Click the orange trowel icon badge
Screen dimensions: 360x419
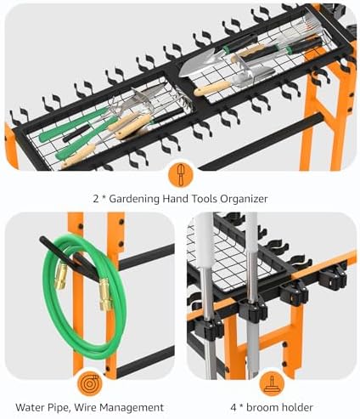[x=180, y=174]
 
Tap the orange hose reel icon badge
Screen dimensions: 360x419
[x=90, y=384]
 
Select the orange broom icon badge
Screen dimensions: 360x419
[x=272, y=384]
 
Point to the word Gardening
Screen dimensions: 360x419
[x=134, y=199]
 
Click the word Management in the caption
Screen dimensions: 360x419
[x=132, y=408]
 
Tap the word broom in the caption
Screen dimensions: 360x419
[x=262, y=408]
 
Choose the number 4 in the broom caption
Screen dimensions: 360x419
[x=233, y=408]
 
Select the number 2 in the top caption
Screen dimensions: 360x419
[x=96, y=199]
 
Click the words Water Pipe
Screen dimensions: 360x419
[x=42, y=408]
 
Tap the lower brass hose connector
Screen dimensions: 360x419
[x=105, y=294]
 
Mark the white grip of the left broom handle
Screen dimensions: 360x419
[x=203, y=241]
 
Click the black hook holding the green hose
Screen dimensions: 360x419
[x=70, y=258]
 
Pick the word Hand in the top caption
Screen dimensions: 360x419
[x=175, y=199]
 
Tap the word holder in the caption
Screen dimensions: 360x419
[x=297, y=408]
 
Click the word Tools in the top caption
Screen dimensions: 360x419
[x=204, y=199]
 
